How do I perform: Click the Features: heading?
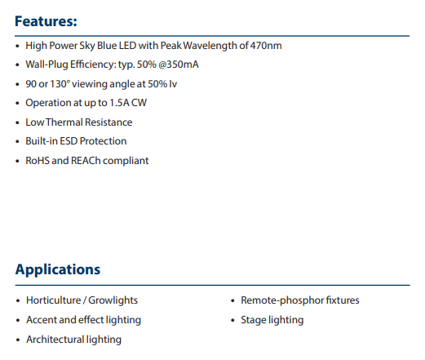[x=46, y=21]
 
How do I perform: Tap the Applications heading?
[x=58, y=269]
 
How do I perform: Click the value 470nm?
[x=266, y=46]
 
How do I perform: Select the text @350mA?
[x=179, y=64]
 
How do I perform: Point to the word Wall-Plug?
[x=46, y=64]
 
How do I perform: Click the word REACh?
[x=86, y=161]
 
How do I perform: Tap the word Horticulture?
[x=54, y=300]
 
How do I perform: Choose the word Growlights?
[x=113, y=300]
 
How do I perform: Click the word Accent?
[x=42, y=320]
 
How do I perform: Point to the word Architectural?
[x=55, y=340]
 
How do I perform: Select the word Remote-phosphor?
[x=281, y=300]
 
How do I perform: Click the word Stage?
[x=253, y=320]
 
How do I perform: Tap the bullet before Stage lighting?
[x=232, y=321]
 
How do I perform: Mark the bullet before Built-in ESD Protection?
[x=17, y=142]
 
